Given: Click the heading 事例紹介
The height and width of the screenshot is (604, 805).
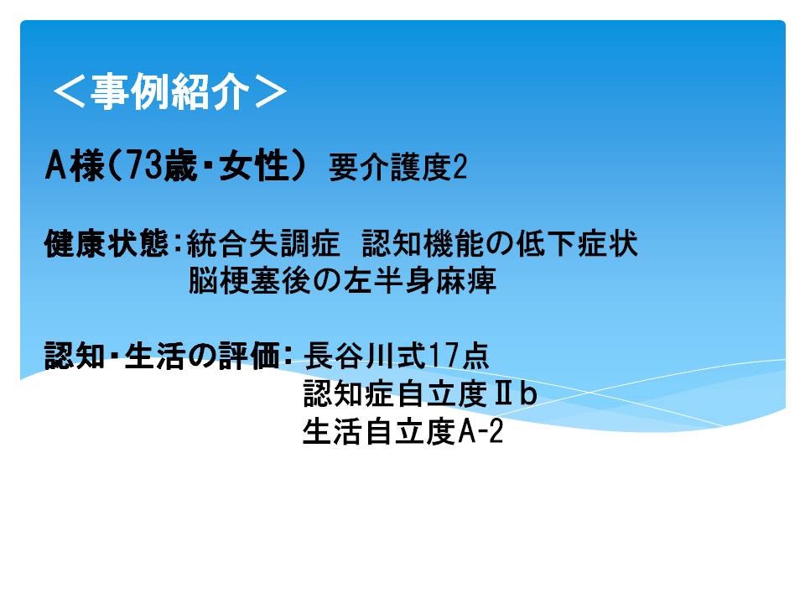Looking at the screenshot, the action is [x=170, y=91].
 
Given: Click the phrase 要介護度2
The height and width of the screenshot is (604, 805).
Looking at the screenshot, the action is [x=397, y=168].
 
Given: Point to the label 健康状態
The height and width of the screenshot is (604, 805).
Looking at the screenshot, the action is [x=106, y=243].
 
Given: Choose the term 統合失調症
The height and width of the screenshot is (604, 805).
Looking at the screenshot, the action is [x=263, y=243].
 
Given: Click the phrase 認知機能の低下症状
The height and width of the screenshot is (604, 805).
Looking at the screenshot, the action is [x=500, y=243].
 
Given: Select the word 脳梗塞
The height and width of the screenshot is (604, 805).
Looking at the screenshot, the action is [x=234, y=280].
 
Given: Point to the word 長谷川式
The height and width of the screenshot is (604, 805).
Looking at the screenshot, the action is [x=365, y=356].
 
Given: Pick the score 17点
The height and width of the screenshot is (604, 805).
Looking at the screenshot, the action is [x=459, y=356].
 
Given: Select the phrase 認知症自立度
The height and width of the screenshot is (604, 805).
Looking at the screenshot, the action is [x=395, y=393].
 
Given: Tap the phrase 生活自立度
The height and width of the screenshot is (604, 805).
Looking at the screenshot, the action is [x=379, y=431].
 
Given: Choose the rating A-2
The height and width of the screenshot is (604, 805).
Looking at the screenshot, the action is [x=480, y=431].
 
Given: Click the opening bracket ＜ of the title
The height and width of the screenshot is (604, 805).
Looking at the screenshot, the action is [x=69, y=92].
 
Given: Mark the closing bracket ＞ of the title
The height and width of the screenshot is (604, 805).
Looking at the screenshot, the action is [x=271, y=92].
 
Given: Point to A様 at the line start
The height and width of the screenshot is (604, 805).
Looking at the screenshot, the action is [x=75, y=166].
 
